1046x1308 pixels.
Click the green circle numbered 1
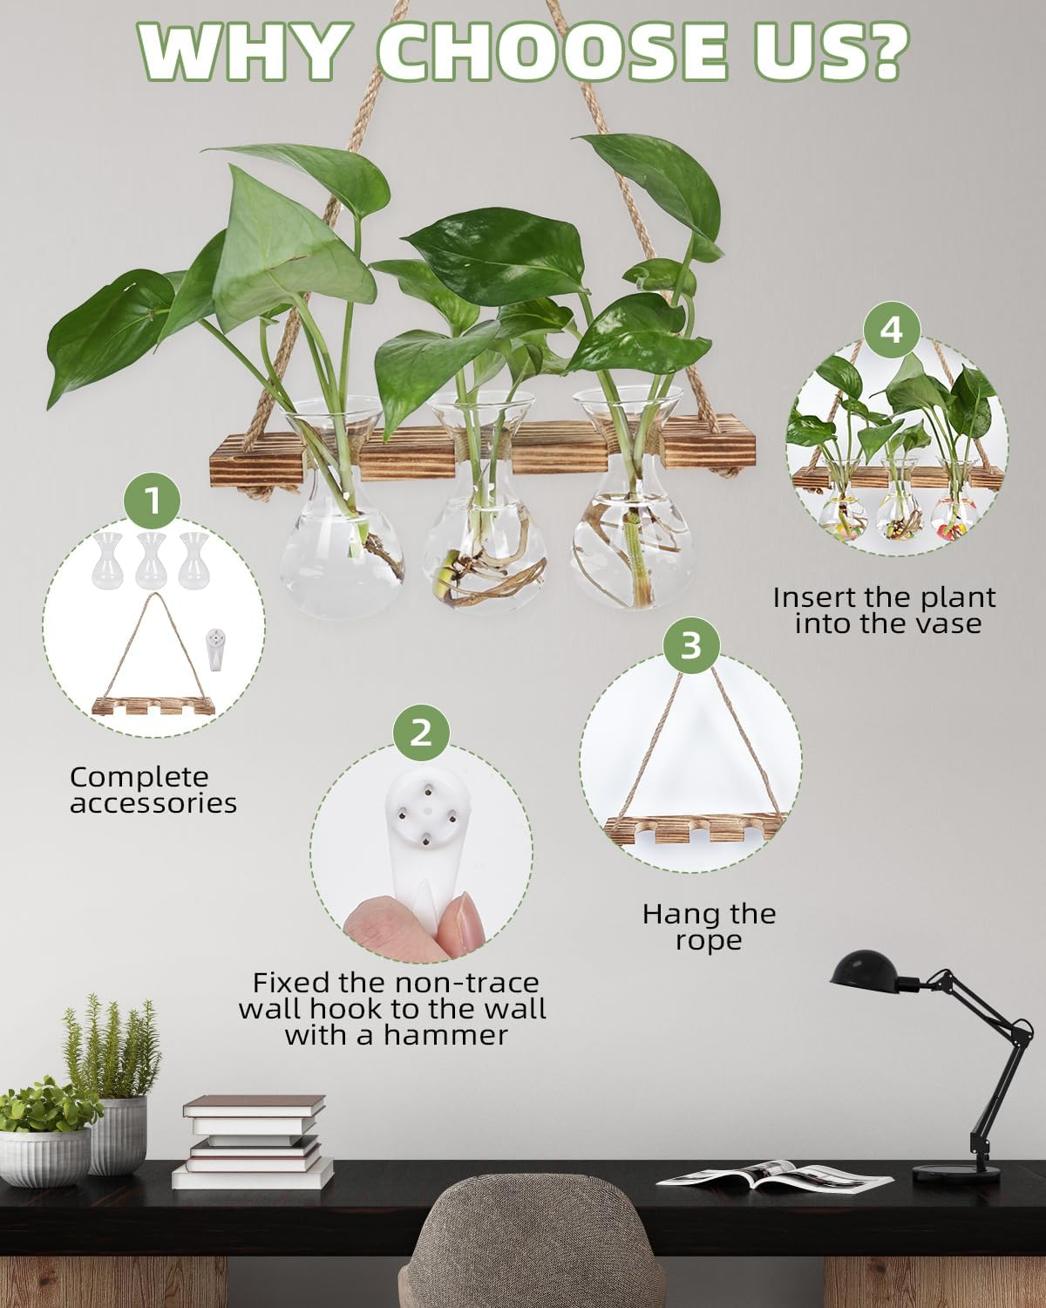click(153, 501)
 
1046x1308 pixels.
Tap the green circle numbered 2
click(421, 732)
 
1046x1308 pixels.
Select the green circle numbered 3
click(690, 646)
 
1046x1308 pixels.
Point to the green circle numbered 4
click(891, 330)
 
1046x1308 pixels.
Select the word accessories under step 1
click(153, 803)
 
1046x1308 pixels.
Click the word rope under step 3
click(708, 941)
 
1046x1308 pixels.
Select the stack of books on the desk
click(253, 1142)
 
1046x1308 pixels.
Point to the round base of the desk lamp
click(955, 1173)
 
